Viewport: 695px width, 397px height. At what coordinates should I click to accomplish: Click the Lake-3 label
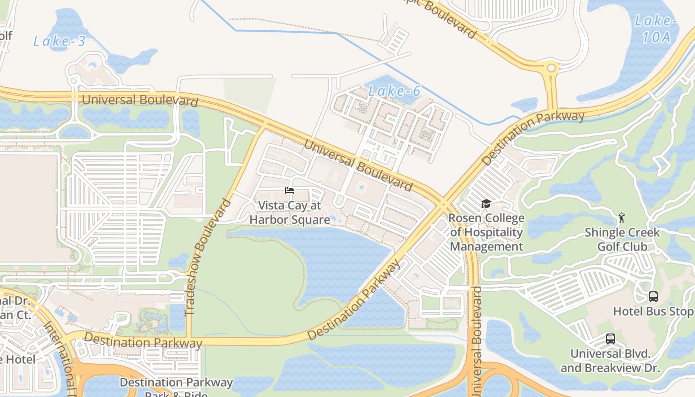tap(60, 41)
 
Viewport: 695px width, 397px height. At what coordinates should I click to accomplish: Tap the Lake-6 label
tap(395, 91)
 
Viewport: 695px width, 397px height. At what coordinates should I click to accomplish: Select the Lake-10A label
tap(656, 29)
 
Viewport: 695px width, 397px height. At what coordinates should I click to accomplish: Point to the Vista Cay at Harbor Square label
tap(289, 212)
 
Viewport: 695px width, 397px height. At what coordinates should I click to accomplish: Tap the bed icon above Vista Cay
tap(289, 191)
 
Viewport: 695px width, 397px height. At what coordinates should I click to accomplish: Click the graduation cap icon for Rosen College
tap(486, 203)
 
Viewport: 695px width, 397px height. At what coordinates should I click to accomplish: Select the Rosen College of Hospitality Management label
tap(486, 232)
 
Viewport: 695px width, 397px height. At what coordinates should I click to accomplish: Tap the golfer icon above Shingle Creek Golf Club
tap(621, 217)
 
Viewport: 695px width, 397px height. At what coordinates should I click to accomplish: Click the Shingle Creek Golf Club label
tap(622, 239)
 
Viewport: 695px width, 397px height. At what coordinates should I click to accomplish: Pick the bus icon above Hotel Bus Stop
tap(653, 297)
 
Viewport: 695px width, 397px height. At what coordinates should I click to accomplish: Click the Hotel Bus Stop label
tap(653, 312)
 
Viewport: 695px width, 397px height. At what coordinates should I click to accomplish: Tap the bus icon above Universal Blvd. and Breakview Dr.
tap(611, 339)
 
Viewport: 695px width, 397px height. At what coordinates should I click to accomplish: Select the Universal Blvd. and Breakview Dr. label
tap(610, 361)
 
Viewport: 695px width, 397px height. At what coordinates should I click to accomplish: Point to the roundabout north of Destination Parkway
tap(551, 68)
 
